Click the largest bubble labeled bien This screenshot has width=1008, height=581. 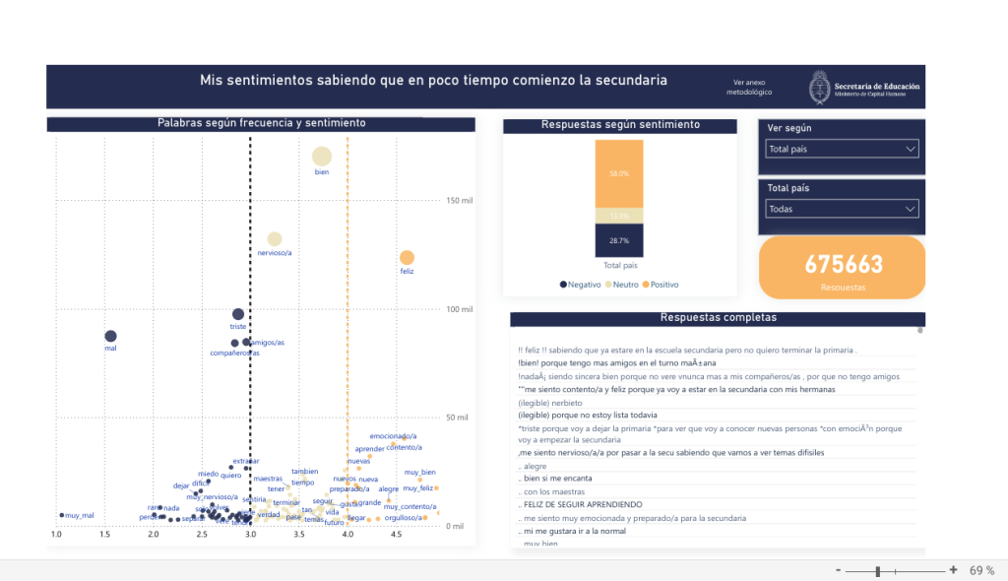point(321,156)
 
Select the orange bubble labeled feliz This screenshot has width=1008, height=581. point(407,257)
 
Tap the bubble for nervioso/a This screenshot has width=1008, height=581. point(275,238)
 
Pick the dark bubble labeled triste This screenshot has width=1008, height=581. point(237,314)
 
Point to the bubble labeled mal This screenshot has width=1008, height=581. point(110,336)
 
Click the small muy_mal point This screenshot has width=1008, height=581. point(62,514)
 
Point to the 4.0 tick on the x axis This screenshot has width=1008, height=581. point(347,534)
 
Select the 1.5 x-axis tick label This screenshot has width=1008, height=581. point(104,534)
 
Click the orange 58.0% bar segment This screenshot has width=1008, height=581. point(618,173)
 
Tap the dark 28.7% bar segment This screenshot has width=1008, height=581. point(618,240)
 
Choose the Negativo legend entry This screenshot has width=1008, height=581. point(581,285)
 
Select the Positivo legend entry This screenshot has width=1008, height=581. point(661,285)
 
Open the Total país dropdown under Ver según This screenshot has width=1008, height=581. point(842,149)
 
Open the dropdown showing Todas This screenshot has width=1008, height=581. point(842,209)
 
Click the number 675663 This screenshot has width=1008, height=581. point(844,264)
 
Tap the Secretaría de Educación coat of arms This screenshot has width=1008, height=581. point(819,87)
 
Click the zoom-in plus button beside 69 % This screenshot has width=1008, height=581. point(953,570)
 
